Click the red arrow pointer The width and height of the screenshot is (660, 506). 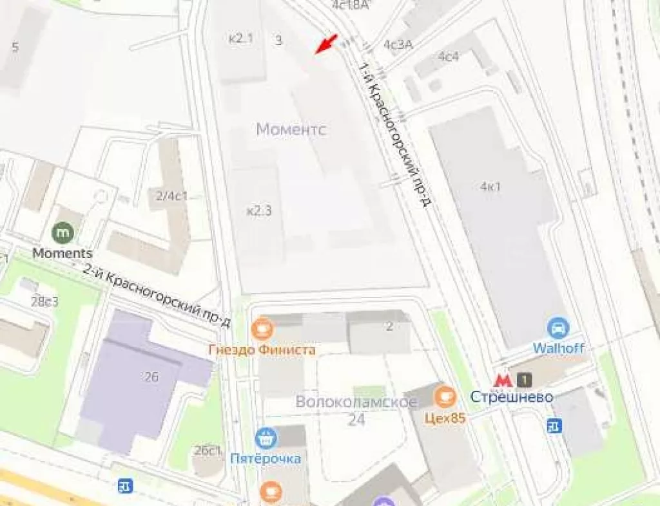pos(328,43)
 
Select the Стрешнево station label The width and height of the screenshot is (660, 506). pos(511,397)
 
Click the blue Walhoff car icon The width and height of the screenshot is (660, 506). pos(558,328)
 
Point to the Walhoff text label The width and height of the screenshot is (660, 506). pos(558,348)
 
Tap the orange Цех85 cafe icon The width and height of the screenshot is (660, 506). pos(444,397)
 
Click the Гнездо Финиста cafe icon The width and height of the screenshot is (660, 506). pos(262,329)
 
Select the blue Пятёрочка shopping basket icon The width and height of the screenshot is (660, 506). pos(266,439)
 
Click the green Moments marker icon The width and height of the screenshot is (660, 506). pos(63,230)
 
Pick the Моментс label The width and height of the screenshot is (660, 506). pos(291,129)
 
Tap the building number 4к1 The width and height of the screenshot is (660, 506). pos(490,187)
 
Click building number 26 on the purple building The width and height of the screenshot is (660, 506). pos(151,377)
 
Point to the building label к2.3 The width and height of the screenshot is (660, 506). pos(259,211)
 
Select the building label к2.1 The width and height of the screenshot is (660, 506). pos(241,39)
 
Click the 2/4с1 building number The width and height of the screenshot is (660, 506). pos(171,196)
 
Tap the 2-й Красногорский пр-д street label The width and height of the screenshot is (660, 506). pos(157,294)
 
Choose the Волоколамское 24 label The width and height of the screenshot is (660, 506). pos(356,410)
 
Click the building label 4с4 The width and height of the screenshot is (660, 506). pos(449,56)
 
